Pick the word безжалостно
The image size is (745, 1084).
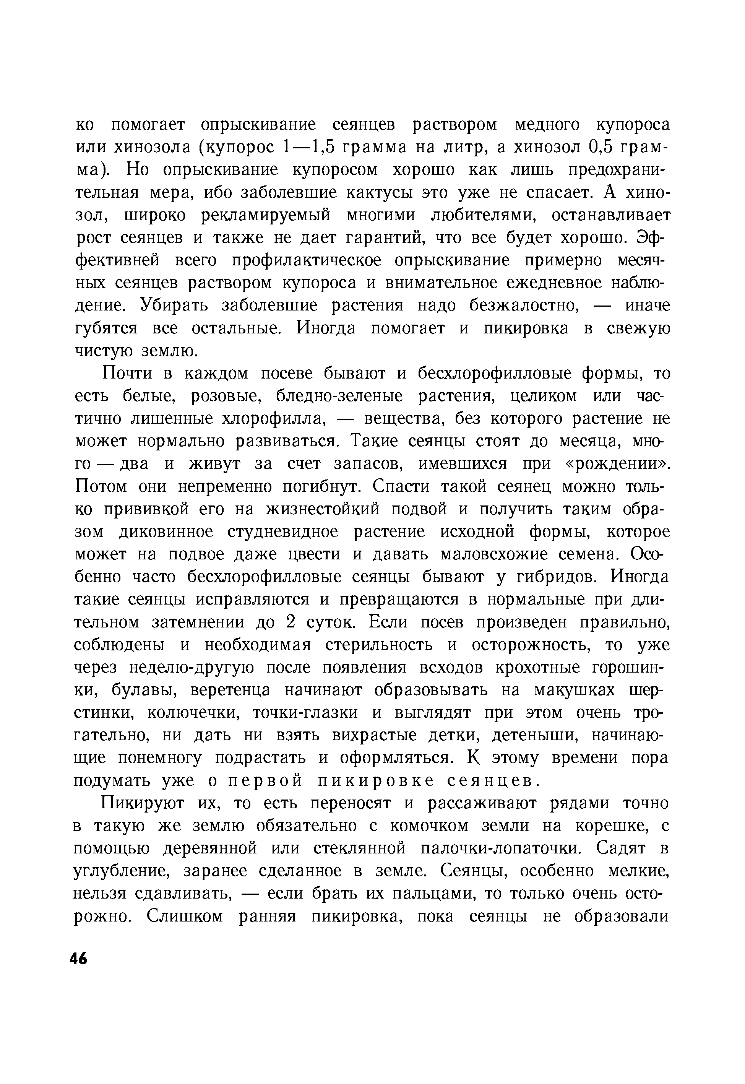[x=524, y=306]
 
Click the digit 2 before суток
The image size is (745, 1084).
[x=291, y=623]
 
